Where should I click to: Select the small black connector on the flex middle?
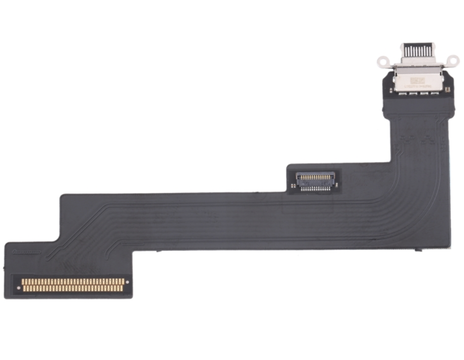click(315, 180)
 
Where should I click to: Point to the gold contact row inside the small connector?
click(316, 176)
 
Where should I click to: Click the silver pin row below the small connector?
click(316, 188)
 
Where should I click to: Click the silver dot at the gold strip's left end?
click(19, 288)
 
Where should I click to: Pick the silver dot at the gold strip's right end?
click(127, 282)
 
